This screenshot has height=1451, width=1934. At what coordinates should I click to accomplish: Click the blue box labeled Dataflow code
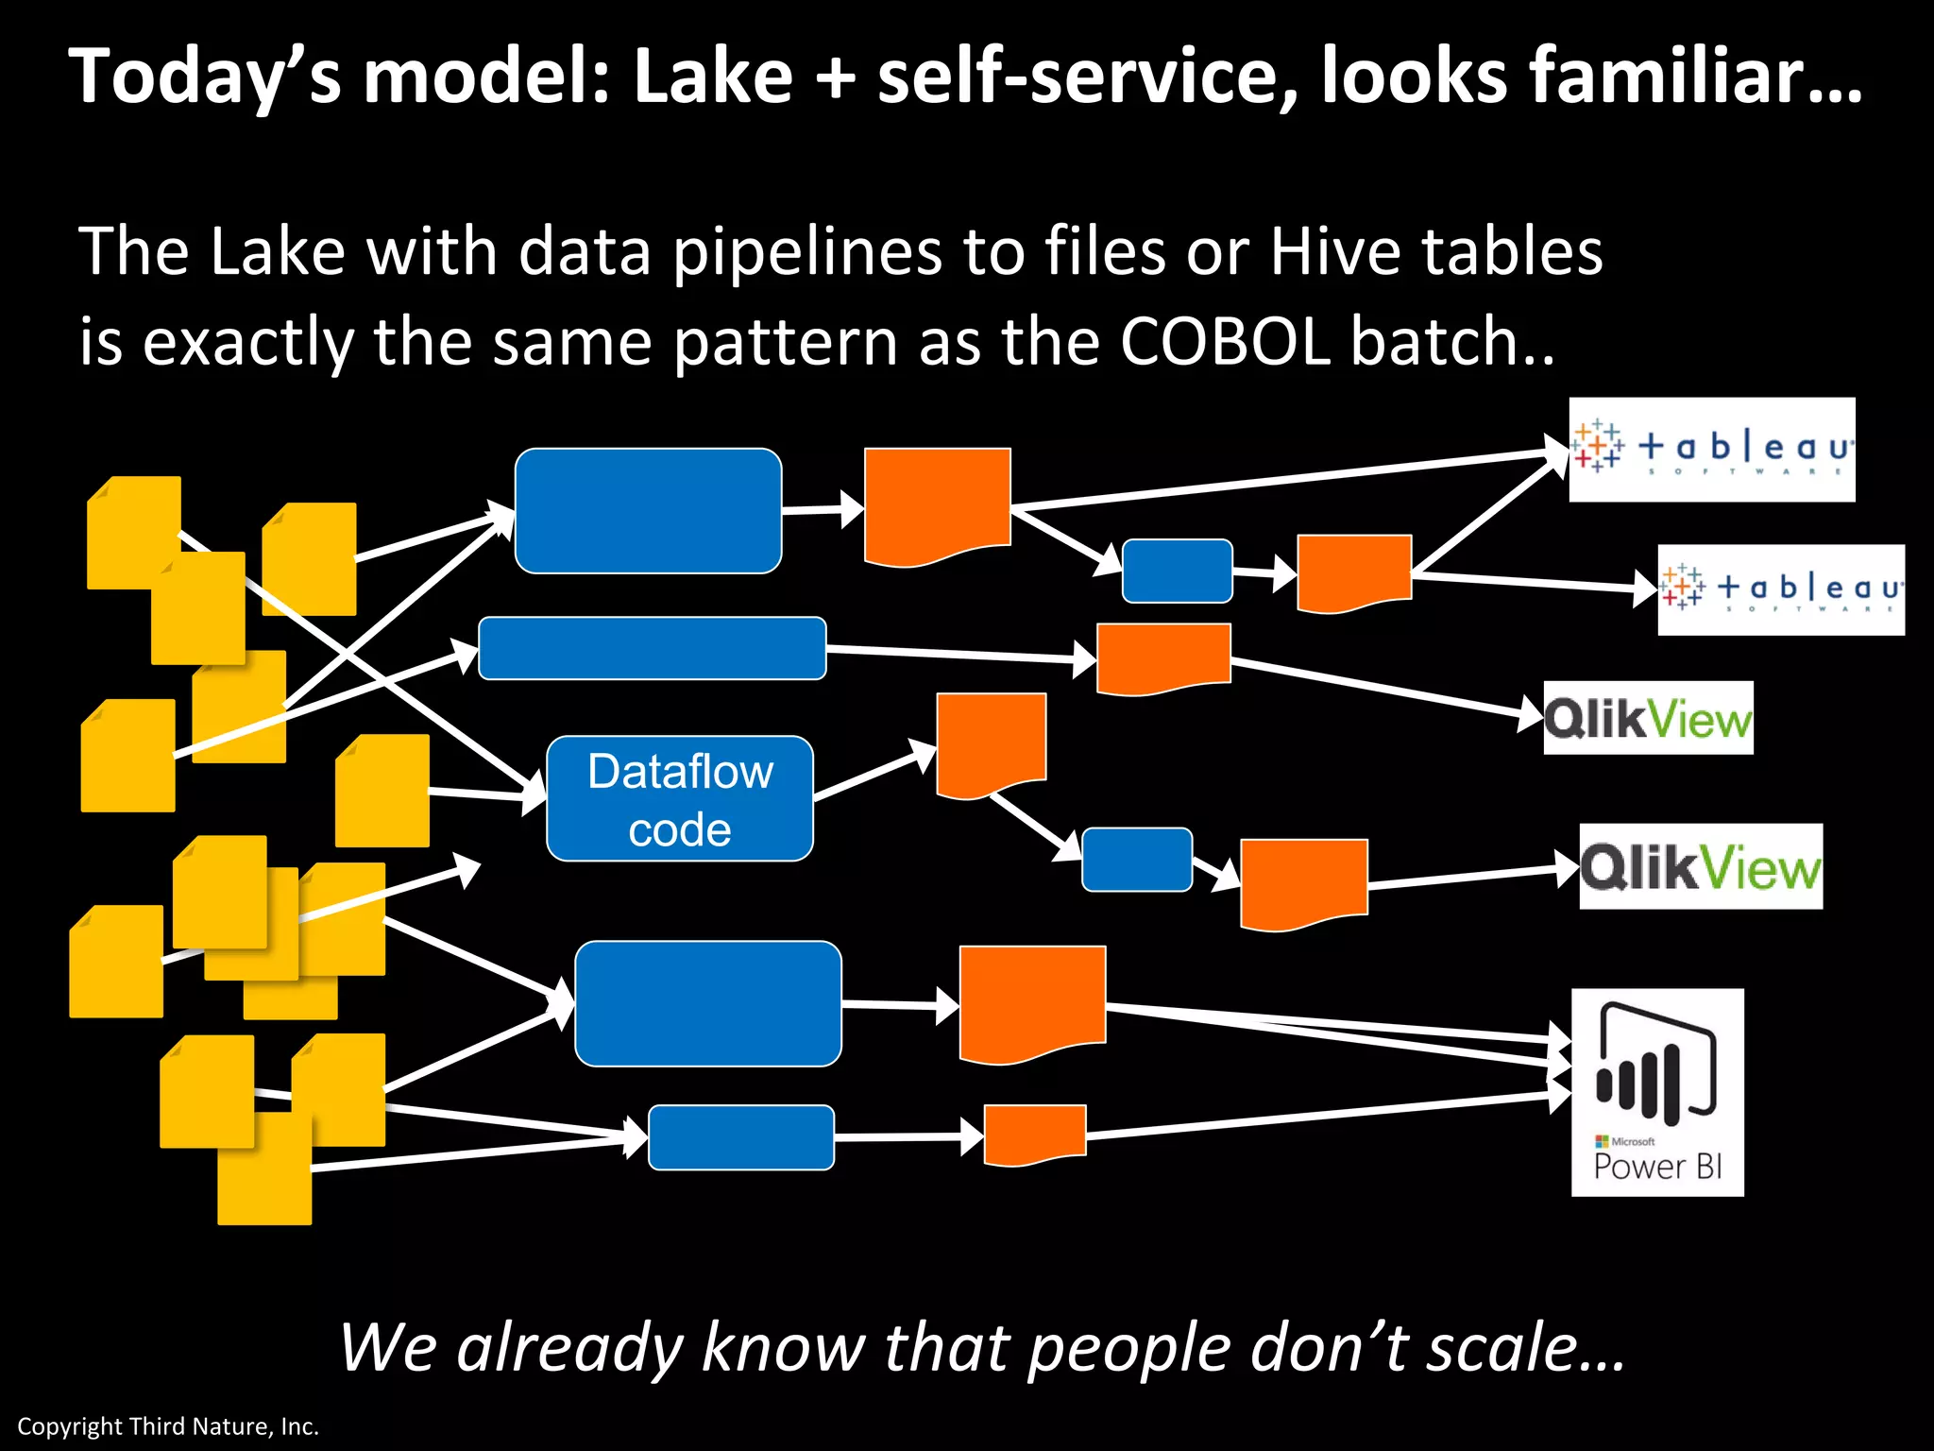tap(680, 798)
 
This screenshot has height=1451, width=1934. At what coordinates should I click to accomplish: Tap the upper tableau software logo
tap(1711, 449)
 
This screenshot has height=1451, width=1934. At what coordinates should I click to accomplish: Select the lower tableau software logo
tap(1781, 589)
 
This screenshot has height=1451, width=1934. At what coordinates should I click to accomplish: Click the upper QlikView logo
tap(1648, 718)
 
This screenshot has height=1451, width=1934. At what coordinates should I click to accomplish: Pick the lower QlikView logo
tap(1700, 866)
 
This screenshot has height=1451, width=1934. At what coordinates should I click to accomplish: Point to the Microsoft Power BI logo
tap(1657, 1092)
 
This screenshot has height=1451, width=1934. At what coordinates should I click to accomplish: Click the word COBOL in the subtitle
tap(1225, 342)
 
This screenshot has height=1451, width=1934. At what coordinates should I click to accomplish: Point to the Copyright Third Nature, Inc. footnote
tap(168, 1425)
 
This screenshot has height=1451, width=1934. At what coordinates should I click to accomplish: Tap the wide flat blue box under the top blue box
tap(652, 648)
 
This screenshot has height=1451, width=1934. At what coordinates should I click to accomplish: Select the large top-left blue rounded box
tap(648, 510)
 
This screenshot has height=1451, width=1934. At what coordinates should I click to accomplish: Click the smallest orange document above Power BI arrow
tap(1035, 1134)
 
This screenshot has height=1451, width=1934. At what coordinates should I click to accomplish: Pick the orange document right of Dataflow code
tap(991, 742)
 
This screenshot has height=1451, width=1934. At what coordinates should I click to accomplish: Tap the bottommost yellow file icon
tap(264, 1171)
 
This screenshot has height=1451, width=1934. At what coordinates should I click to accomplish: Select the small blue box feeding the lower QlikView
tap(1136, 859)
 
